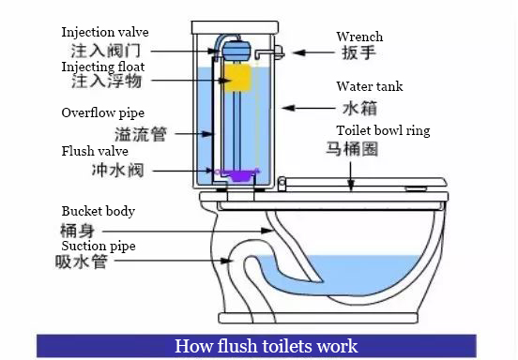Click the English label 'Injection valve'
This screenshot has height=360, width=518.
coord(105,32)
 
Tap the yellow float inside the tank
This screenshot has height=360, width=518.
coord(237,78)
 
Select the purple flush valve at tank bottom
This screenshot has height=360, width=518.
coord(238,173)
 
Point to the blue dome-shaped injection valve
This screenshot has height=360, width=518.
coord(236,51)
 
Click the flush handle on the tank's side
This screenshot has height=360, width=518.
coord(271,52)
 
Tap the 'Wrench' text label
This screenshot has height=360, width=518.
coord(359,37)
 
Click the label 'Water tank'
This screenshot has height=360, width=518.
coord(370,86)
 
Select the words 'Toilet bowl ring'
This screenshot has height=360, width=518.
coord(383,130)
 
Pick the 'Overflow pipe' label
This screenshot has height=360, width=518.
coord(103,112)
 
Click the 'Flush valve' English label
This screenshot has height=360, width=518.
coord(95,151)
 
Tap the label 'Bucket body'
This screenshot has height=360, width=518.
coord(99,211)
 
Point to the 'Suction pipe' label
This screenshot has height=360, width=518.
coord(99,246)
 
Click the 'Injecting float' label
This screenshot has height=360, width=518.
coord(103,67)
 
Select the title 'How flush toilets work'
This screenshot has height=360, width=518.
coord(266,346)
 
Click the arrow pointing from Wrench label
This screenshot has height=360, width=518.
coord(313,52)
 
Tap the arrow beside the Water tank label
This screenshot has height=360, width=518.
coord(308,108)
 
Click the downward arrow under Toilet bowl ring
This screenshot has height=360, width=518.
coord(351,176)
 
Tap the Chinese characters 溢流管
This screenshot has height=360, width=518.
coord(141,134)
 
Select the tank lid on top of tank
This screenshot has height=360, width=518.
coord(235,28)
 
